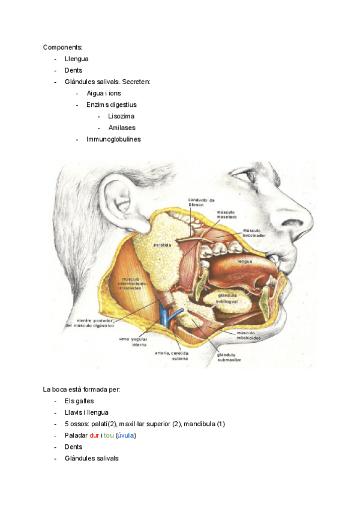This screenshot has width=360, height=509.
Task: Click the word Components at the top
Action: (x=63, y=47)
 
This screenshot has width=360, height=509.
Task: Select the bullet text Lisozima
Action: (x=121, y=116)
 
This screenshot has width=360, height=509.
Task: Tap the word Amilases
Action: (x=122, y=127)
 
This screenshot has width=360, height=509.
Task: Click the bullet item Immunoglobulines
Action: (x=113, y=139)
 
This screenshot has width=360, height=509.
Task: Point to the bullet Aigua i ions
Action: (x=103, y=93)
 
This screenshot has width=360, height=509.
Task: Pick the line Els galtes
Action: (x=79, y=401)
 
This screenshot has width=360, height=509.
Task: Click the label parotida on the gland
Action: (x=163, y=245)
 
